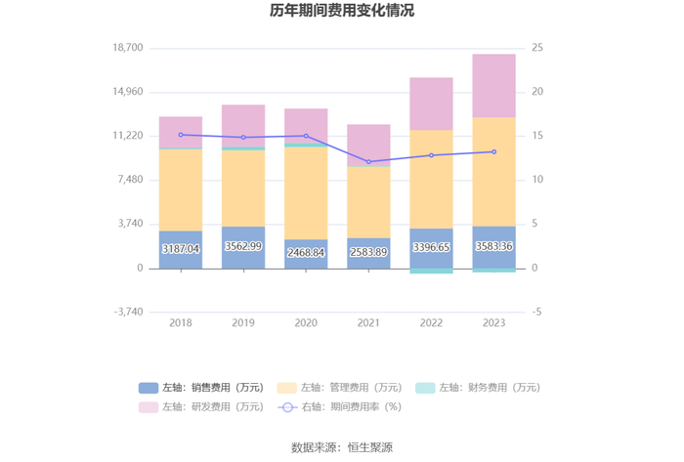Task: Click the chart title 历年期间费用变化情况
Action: click(342, 11)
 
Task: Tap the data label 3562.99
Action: click(243, 246)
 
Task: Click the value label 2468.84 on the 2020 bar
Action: click(306, 252)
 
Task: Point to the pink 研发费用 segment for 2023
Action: click(493, 86)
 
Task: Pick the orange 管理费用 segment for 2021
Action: click(368, 202)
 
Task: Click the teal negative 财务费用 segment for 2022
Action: click(431, 271)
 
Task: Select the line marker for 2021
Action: click(368, 162)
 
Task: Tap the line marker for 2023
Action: click(493, 151)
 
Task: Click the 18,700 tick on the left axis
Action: click(128, 48)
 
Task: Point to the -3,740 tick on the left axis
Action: click(128, 312)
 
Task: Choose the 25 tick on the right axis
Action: click(537, 48)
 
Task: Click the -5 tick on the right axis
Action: click(536, 312)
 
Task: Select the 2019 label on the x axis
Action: click(243, 323)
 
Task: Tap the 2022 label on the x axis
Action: click(431, 323)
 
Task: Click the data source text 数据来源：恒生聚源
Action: click(342, 447)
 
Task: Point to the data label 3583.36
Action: click(493, 246)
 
